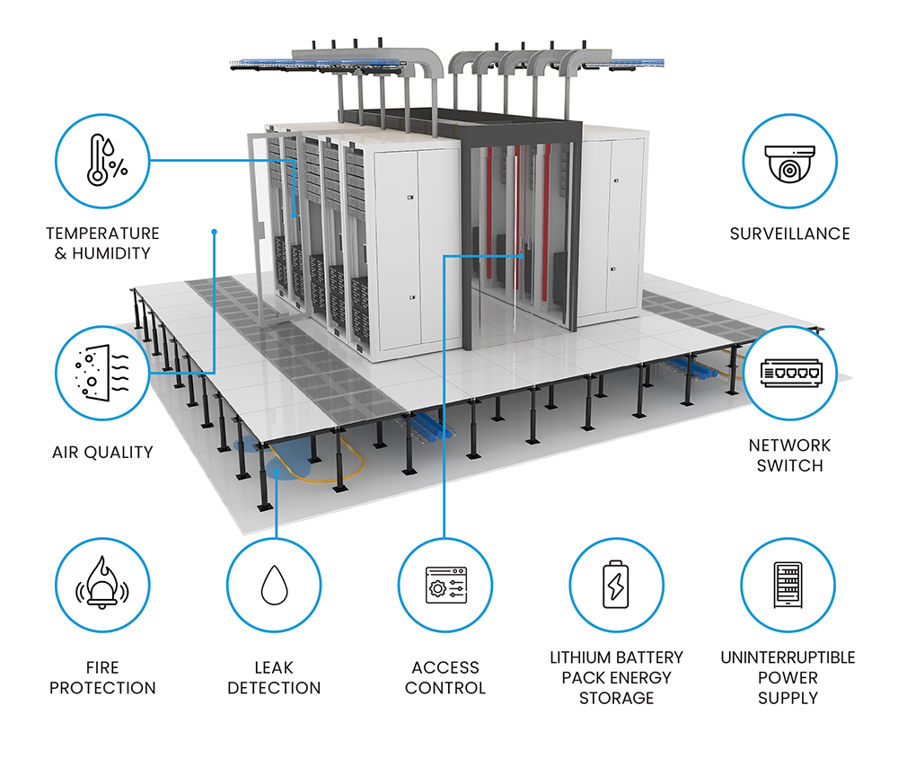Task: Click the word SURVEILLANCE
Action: [x=789, y=234]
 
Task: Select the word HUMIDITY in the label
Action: [x=113, y=253]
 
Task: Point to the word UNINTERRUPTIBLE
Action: [x=788, y=657]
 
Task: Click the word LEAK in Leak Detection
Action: [x=274, y=667]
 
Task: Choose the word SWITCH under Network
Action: [x=789, y=465]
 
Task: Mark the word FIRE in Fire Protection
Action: [x=102, y=667]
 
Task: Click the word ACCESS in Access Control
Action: [x=445, y=667]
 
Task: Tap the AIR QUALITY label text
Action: [x=102, y=452]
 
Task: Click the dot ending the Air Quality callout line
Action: [x=214, y=232]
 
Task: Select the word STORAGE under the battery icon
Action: [x=616, y=697]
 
